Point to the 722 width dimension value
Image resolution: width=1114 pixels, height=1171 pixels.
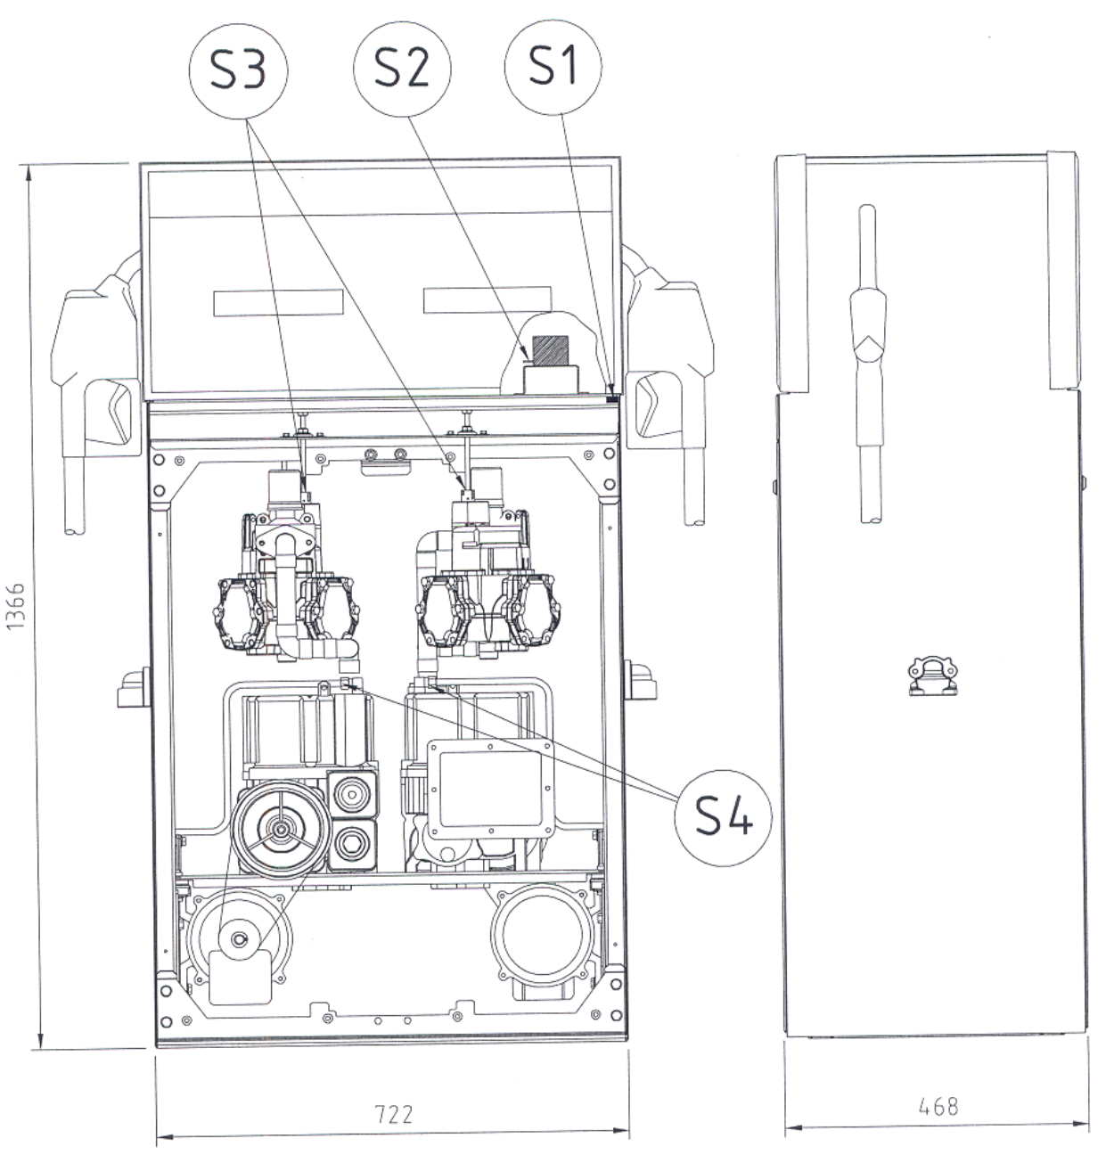(x=393, y=1114)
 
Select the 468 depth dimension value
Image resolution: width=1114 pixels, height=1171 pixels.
(x=938, y=1107)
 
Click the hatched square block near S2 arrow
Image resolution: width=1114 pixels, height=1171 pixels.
(x=551, y=349)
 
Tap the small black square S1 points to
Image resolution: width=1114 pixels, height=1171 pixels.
(x=611, y=399)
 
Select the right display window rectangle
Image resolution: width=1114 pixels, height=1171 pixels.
(x=487, y=299)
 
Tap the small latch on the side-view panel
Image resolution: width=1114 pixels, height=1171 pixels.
(x=932, y=676)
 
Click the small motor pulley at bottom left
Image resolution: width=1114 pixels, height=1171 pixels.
(x=240, y=939)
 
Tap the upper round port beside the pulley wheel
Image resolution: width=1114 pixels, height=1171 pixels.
(x=352, y=794)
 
